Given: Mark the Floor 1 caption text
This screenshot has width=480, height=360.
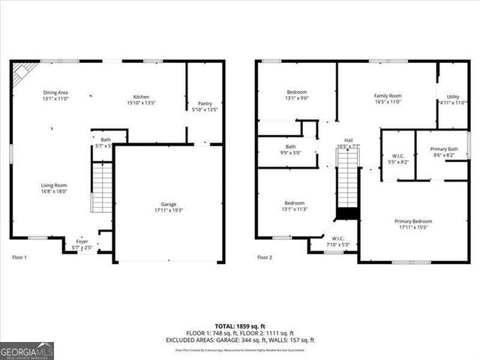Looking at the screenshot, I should click(19, 257).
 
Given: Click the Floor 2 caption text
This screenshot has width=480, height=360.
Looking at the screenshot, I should click(264, 257).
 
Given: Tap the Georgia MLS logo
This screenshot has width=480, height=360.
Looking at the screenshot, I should click(27, 350).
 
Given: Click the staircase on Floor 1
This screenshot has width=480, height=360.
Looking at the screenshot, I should click(101, 187).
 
